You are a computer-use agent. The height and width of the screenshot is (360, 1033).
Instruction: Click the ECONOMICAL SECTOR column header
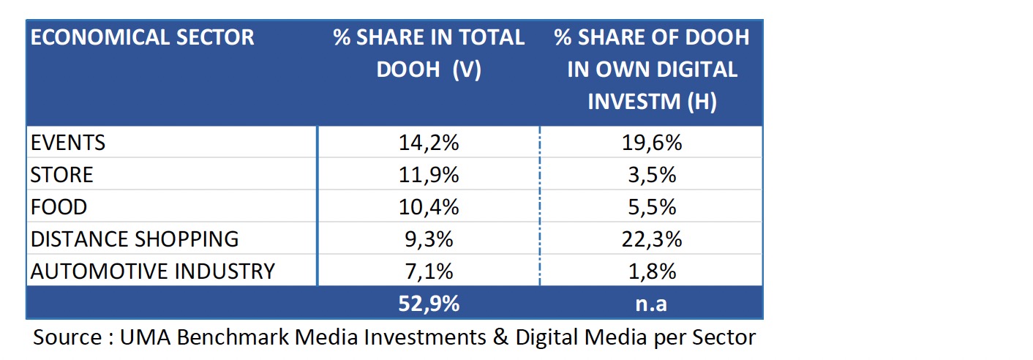coord(143,37)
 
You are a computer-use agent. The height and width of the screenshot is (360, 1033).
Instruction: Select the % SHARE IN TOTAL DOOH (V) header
coord(429,53)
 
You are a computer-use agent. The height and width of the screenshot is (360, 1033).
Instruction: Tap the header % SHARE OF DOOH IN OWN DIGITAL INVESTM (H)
coord(652,70)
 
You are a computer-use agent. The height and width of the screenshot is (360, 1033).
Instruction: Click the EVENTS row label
coord(68,143)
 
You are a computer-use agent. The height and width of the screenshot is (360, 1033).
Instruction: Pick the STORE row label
coord(62,175)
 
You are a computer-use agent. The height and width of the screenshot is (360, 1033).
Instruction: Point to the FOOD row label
coord(59,207)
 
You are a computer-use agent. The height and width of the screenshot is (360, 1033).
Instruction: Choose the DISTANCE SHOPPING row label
coord(135,239)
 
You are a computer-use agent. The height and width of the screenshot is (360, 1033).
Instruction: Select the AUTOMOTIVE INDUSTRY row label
coord(153,271)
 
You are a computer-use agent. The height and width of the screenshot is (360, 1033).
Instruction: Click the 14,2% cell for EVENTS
coord(429,143)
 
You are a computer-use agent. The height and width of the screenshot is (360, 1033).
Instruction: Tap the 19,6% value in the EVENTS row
coord(651,143)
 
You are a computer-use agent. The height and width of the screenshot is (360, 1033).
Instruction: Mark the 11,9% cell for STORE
coord(429,175)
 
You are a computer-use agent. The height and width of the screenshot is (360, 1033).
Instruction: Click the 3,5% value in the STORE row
coord(651,175)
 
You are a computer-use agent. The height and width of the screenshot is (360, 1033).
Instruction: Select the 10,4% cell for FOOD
coord(429,207)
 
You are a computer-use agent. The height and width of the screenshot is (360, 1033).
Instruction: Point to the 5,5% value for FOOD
coord(651,207)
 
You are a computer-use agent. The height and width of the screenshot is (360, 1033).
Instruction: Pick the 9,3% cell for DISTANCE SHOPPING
coord(429,239)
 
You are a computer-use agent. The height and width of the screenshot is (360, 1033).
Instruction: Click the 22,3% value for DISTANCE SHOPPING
coord(651,239)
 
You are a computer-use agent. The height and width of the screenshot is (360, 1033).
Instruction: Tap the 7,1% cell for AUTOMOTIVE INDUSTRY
coord(429,271)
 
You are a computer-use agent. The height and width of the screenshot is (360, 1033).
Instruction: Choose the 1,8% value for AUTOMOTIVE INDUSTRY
coord(651,271)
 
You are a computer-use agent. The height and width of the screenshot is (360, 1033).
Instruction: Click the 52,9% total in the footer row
coord(429,303)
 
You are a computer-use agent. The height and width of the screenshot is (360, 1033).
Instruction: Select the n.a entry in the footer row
coord(651,303)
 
